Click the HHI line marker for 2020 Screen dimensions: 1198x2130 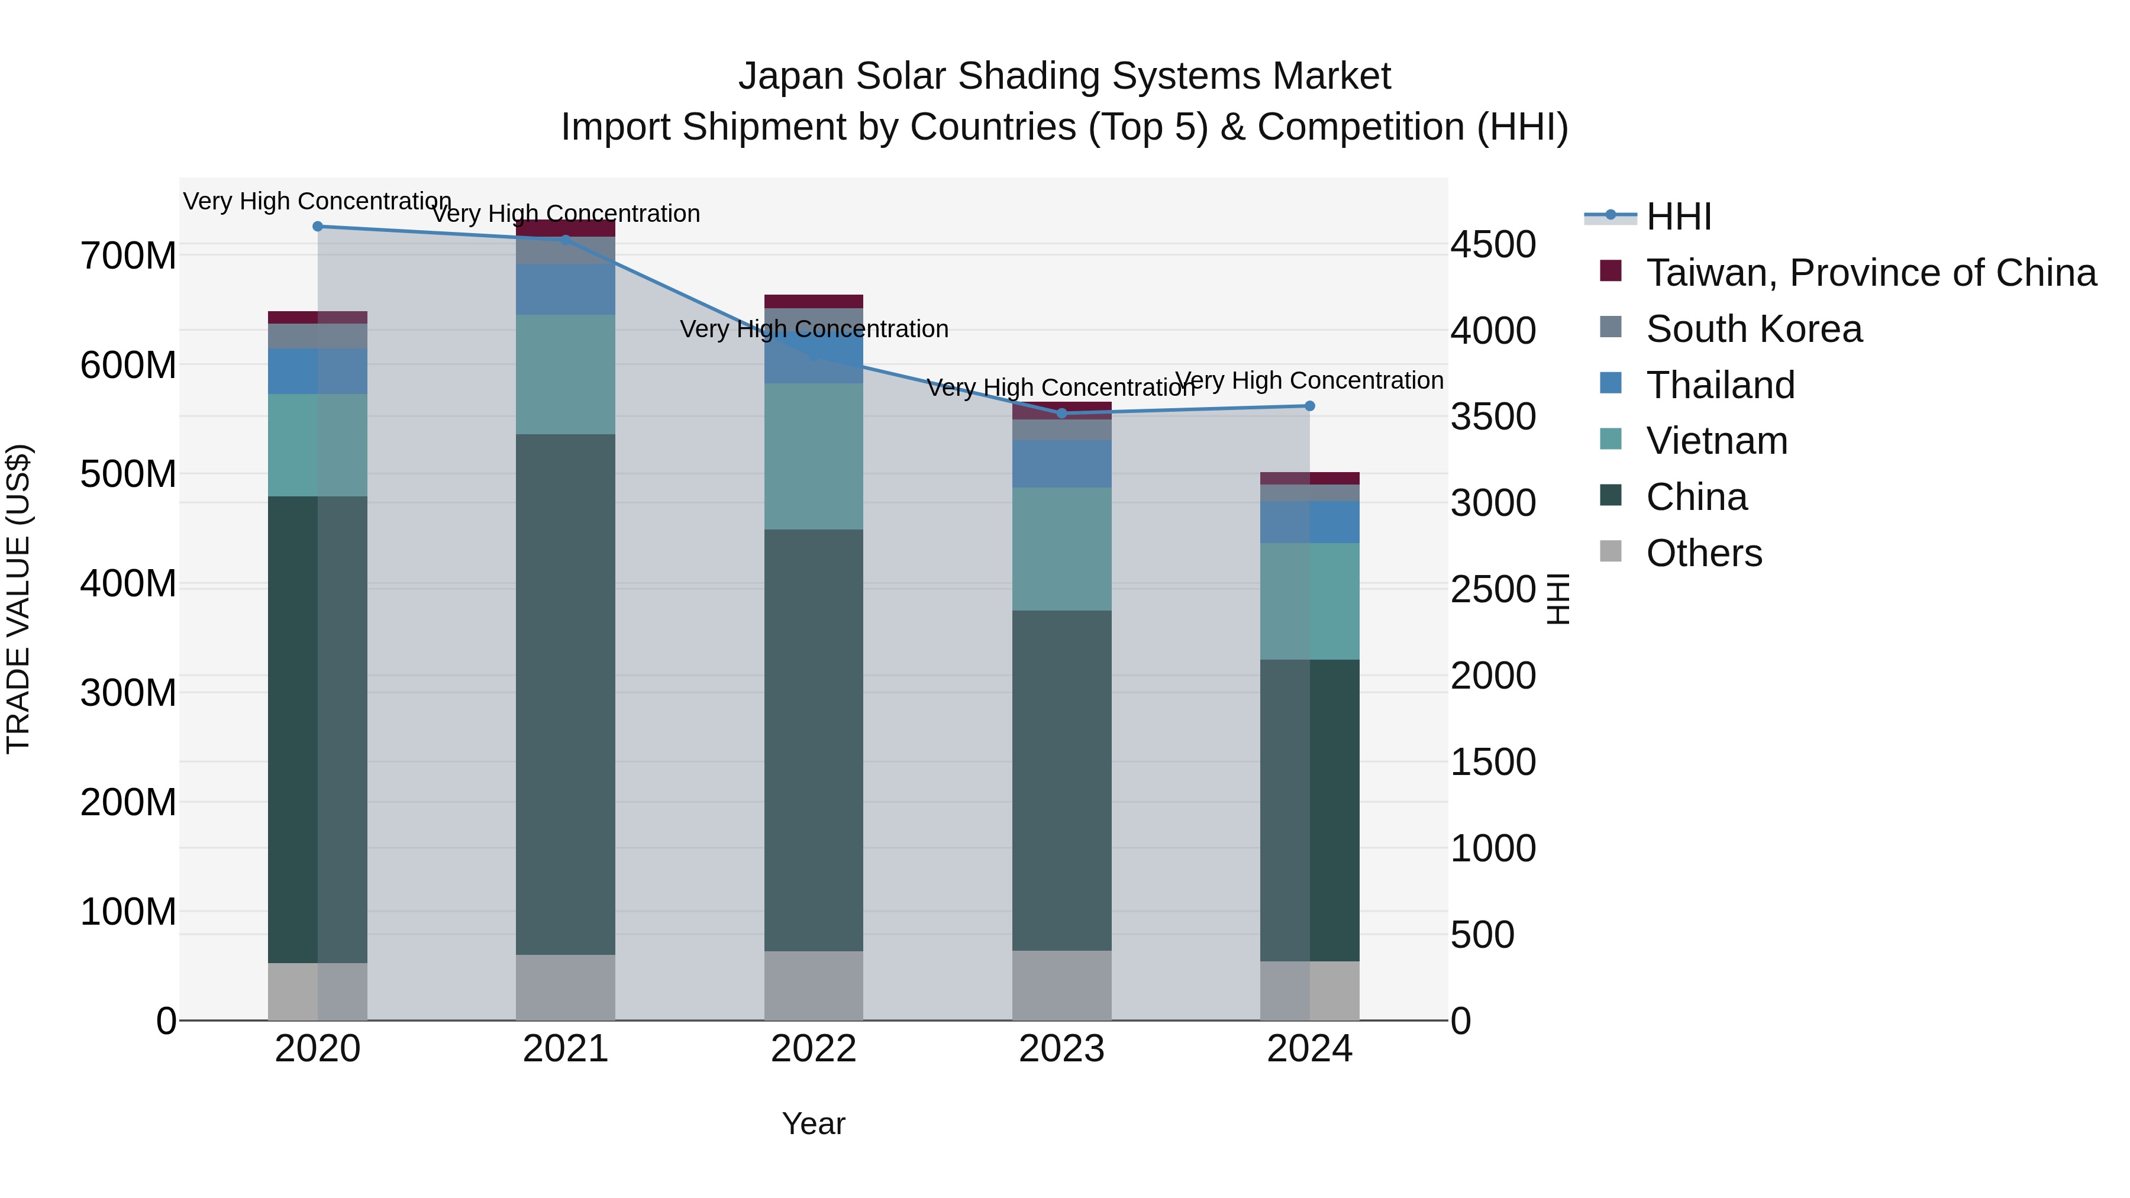coord(318,227)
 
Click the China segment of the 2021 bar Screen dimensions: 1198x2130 coord(566,695)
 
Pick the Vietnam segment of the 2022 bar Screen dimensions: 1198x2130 coord(814,456)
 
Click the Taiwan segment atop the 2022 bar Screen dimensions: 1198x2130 coord(814,301)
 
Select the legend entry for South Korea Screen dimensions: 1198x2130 coord(1753,329)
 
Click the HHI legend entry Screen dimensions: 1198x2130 coord(1678,217)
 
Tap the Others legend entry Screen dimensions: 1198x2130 coord(1703,553)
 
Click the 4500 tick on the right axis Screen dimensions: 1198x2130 coord(1493,245)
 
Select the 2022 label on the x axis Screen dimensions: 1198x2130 coord(814,1049)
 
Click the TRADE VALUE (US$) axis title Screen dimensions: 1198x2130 coord(18,599)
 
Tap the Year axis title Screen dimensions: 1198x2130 coord(814,1123)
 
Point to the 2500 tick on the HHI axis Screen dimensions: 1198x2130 coord(1493,589)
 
